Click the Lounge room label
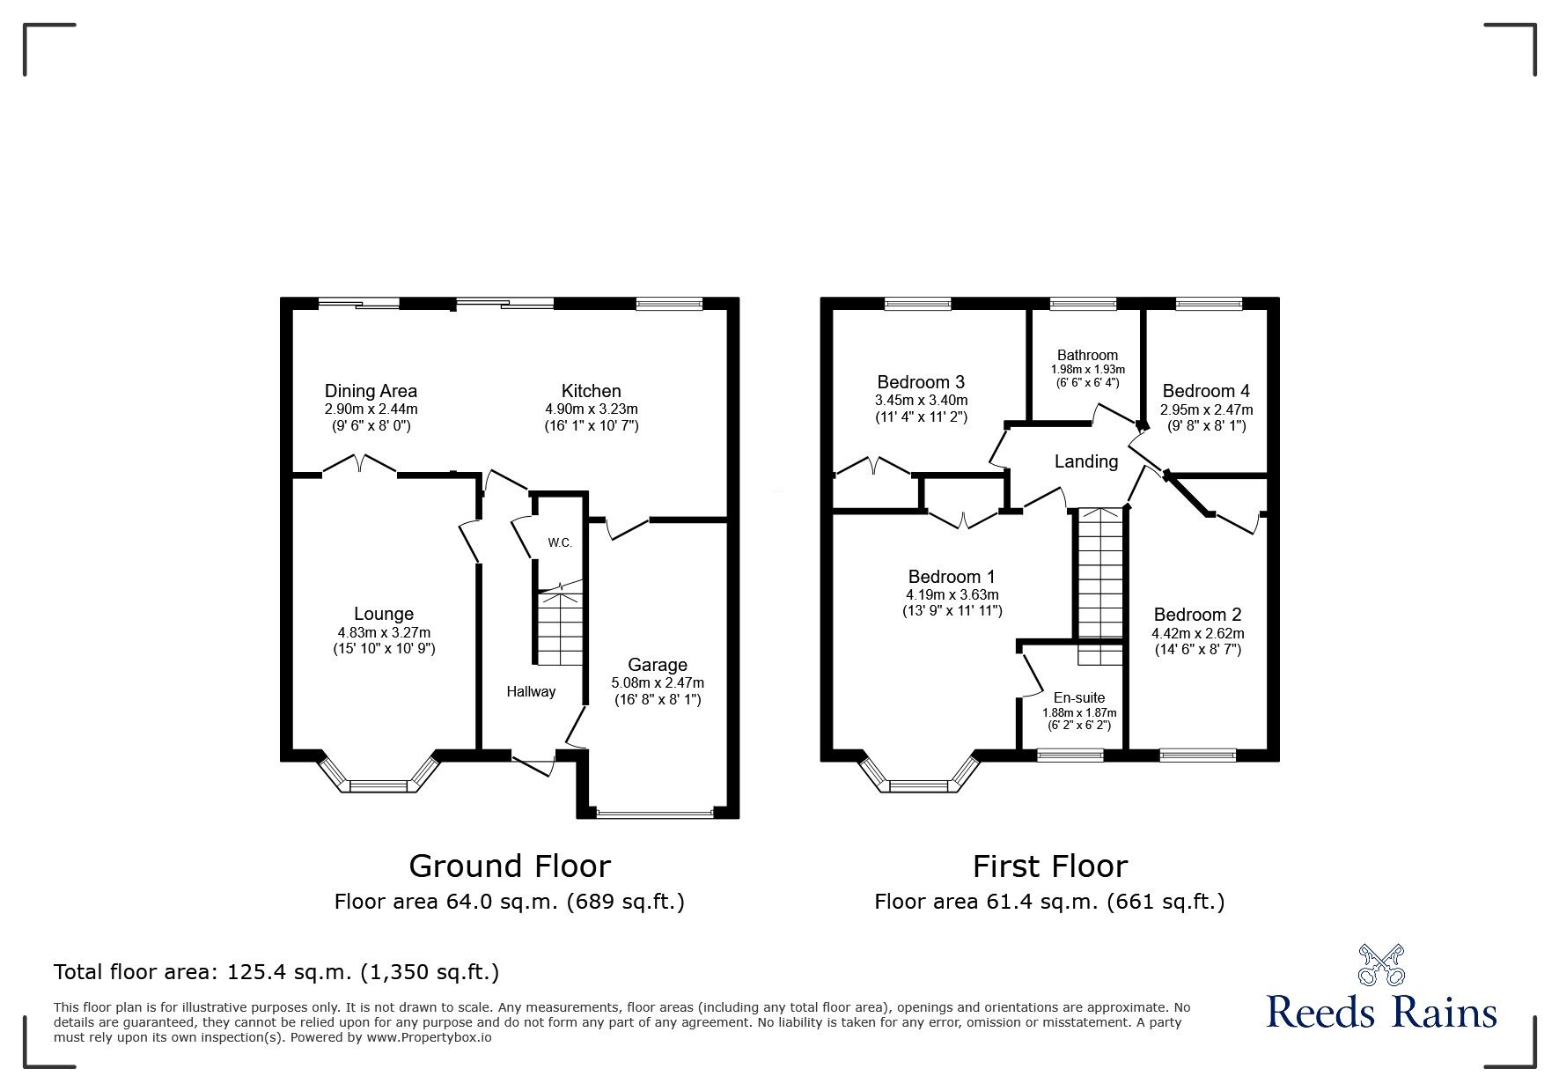tap(383, 614)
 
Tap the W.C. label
tap(560, 542)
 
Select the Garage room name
tap(657, 665)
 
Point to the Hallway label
tap(531, 691)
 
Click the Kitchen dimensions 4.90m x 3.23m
tap(592, 409)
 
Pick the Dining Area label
tap(371, 391)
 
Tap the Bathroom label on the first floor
tap(1087, 355)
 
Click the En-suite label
tap(1078, 697)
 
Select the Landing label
tap(1086, 461)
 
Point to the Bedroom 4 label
tap(1205, 391)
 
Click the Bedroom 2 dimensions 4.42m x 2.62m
tap(1197, 633)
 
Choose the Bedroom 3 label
tap(921, 382)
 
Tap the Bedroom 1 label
tap(952, 577)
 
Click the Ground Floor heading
tap(509, 866)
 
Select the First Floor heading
tap(1049, 866)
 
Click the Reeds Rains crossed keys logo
tap(1382, 965)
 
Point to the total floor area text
tap(276, 972)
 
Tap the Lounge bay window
tap(379, 783)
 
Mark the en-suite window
tap(1070, 755)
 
